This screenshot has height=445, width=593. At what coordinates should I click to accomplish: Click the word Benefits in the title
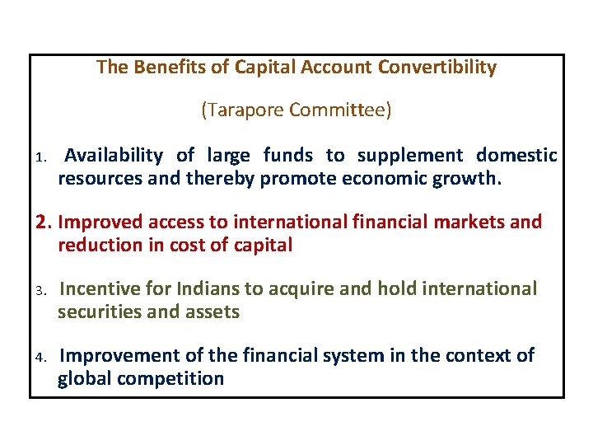click(x=170, y=68)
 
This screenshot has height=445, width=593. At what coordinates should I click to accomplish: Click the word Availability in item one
click(x=114, y=155)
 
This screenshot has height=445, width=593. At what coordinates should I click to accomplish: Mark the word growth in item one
click(x=466, y=178)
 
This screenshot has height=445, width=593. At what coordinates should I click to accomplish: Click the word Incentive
click(x=99, y=288)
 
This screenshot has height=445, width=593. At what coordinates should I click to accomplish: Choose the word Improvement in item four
click(x=118, y=355)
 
